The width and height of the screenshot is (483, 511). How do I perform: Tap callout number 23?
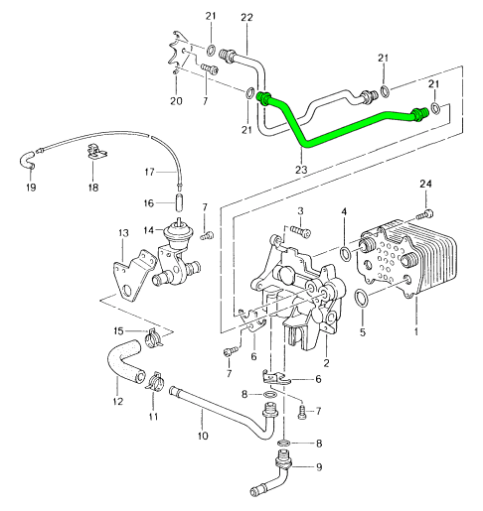click(301, 170)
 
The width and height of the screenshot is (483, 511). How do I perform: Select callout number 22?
click(246, 17)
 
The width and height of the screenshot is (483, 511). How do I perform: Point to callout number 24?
click(425, 184)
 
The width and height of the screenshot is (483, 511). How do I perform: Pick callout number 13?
click(123, 233)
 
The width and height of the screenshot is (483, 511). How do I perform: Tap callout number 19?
click(31, 188)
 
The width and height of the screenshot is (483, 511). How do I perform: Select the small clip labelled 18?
click(96, 153)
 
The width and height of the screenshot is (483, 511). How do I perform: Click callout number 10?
click(203, 436)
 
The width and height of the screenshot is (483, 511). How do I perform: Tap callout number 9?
click(319, 467)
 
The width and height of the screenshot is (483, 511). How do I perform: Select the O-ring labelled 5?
click(361, 298)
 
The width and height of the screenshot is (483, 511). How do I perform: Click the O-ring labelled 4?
click(345, 253)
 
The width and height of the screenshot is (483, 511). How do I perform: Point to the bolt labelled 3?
click(301, 231)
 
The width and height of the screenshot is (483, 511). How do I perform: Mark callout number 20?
click(176, 101)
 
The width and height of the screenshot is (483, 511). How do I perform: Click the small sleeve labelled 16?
click(179, 202)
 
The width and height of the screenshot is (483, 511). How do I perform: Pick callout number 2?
click(326, 363)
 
